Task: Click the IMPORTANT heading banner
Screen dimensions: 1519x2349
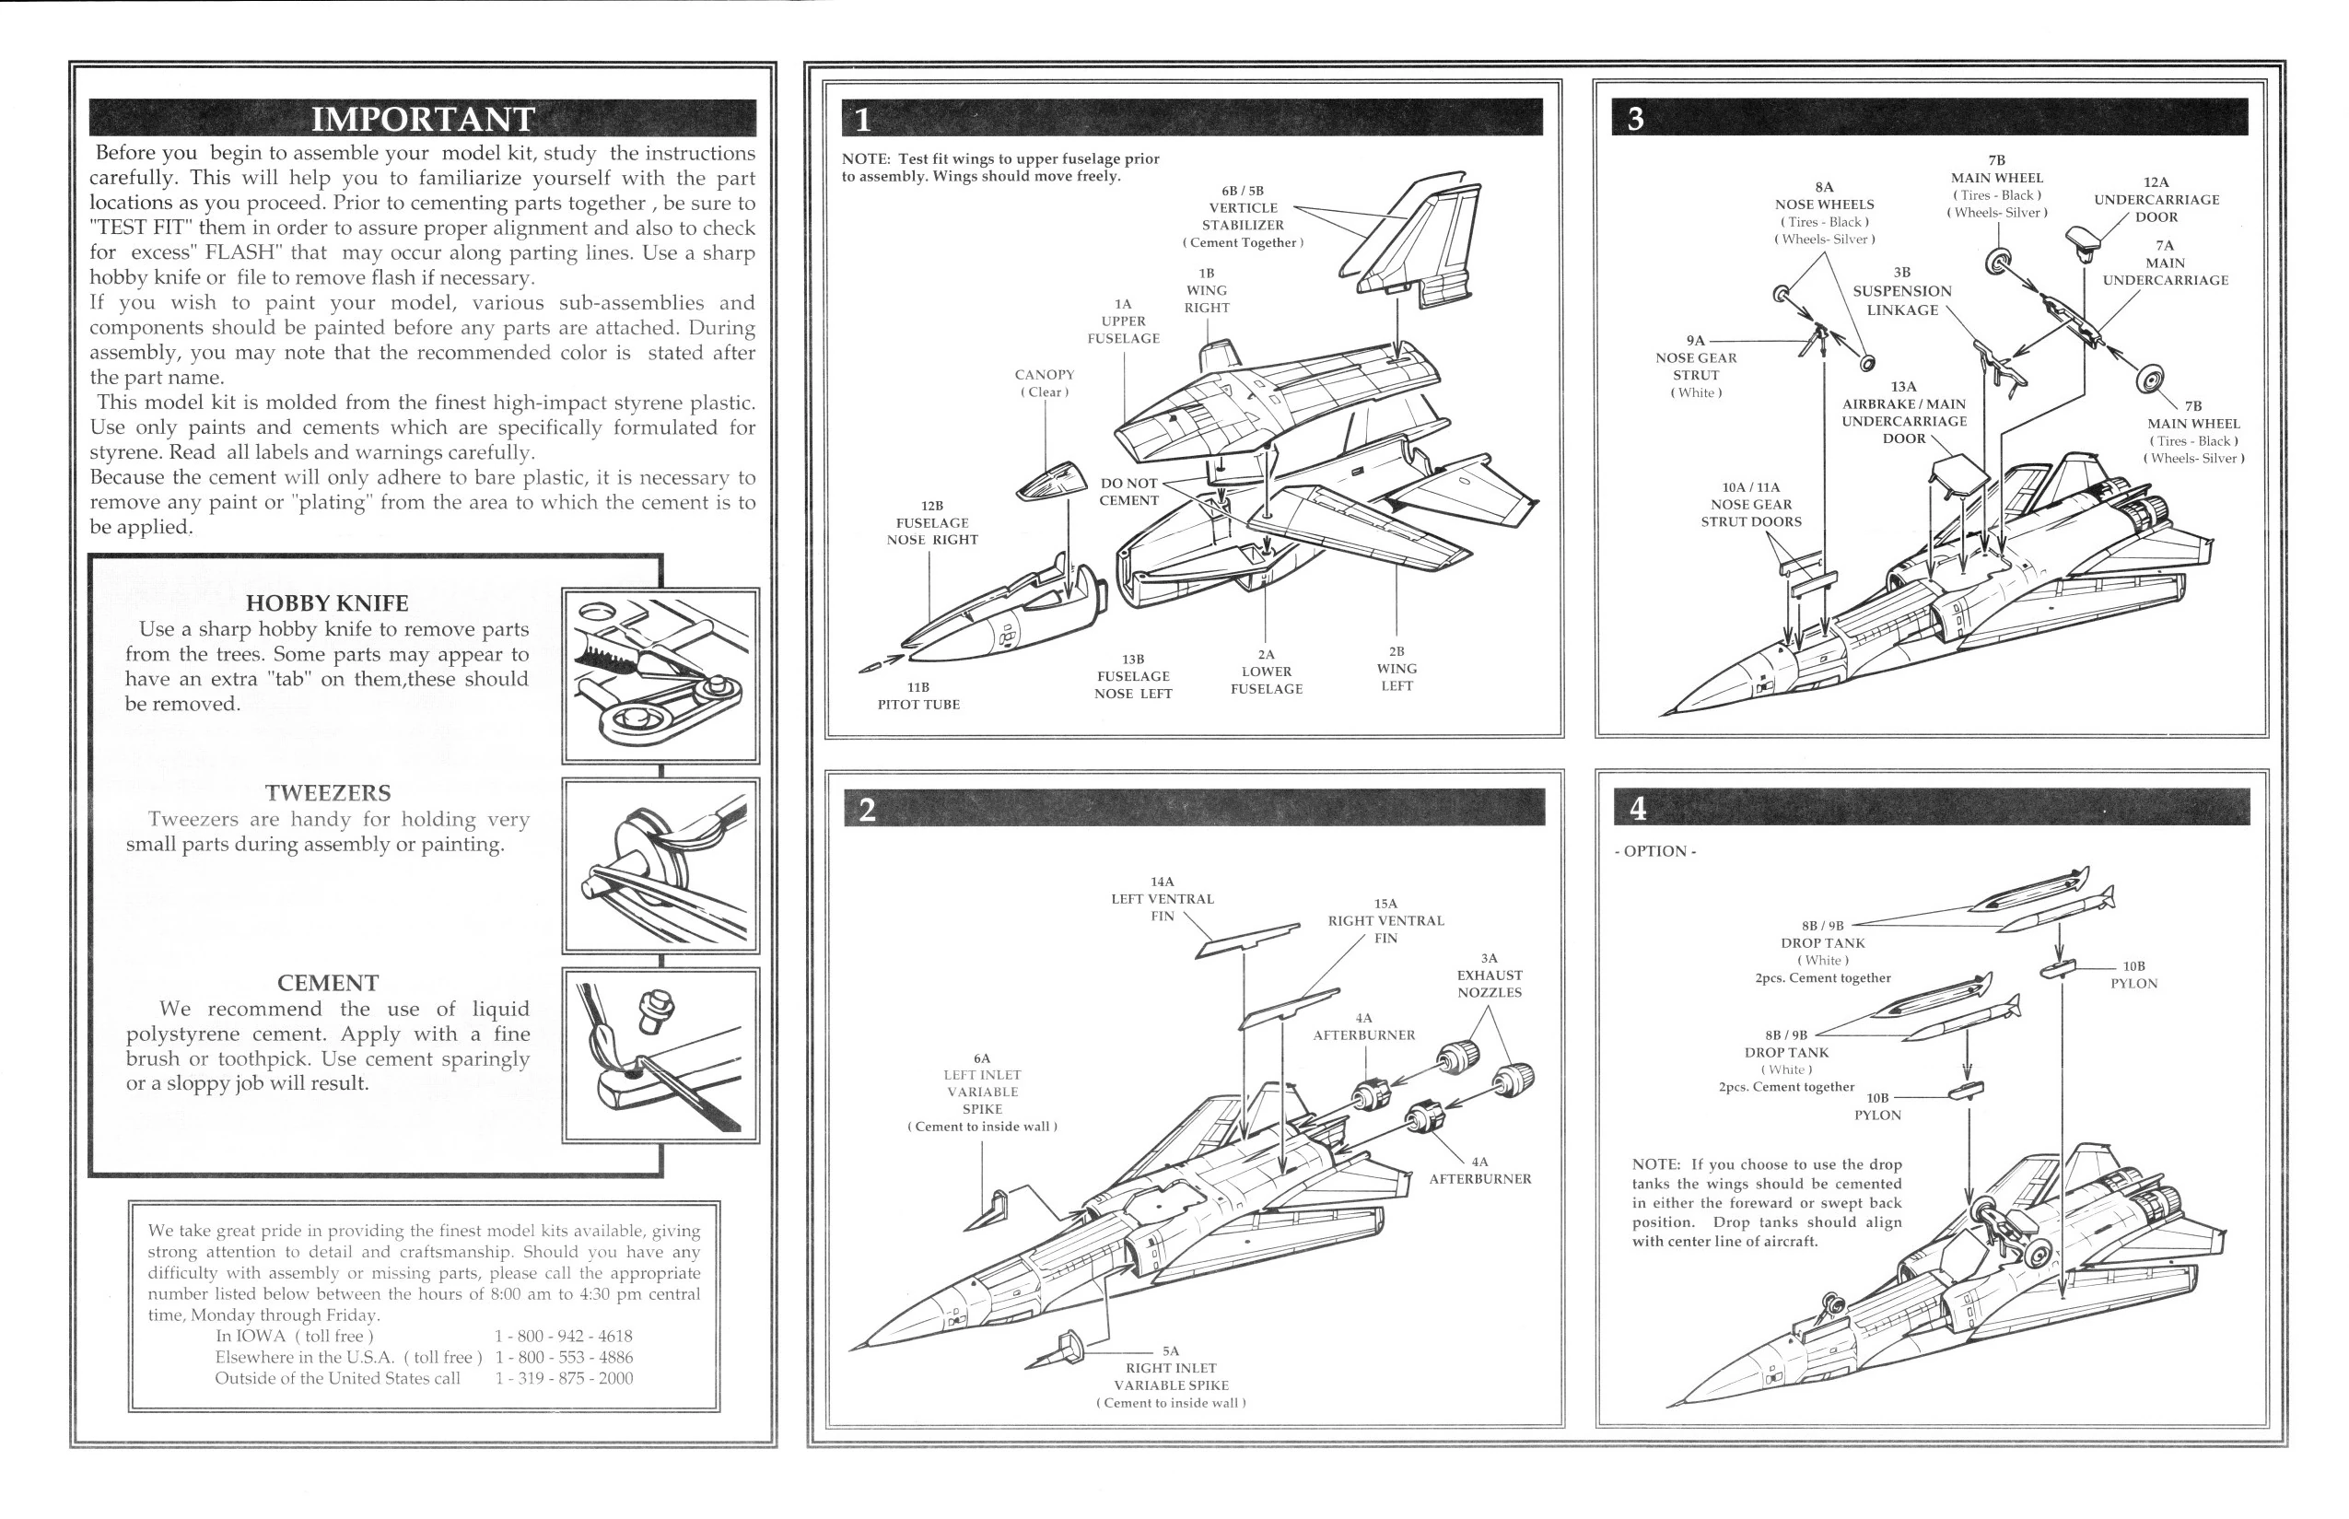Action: [x=423, y=118]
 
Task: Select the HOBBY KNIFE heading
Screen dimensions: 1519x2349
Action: [x=326, y=602]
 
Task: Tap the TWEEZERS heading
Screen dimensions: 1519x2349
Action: [x=327, y=793]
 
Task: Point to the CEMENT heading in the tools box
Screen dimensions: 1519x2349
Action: [x=327, y=984]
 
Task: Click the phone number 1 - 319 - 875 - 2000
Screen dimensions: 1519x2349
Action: [x=563, y=1378]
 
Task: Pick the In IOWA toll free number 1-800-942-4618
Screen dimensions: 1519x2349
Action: [x=563, y=1336]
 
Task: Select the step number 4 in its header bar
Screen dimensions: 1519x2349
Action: [x=1637, y=808]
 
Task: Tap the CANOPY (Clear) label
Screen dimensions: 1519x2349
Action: [x=1045, y=382]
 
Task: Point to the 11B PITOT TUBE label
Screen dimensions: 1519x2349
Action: [x=918, y=695]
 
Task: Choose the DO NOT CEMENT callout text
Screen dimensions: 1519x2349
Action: [x=1129, y=491]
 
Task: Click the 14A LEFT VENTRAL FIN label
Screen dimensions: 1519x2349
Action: [x=1162, y=898]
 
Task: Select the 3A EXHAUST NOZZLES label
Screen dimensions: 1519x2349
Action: [x=1489, y=975]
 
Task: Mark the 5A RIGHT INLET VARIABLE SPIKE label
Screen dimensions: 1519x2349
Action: [x=1171, y=1376]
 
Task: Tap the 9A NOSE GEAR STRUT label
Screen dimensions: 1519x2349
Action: [x=1695, y=366]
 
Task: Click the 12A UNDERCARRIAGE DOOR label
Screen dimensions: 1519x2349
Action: [x=2156, y=199]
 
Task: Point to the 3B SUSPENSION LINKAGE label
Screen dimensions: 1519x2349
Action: [x=1901, y=292]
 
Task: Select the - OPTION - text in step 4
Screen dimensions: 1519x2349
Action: [x=1654, y=851]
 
